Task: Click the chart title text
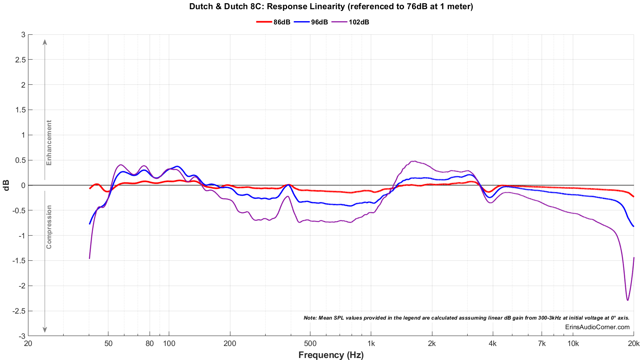tap(331, 6)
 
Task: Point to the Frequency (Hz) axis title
tap(331, 355)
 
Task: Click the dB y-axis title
tap(6, 185)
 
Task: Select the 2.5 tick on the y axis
tap(19, 60)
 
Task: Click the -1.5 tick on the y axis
tap(18, 261)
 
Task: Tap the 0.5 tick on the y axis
tap(19, 160)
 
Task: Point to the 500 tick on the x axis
tap(310, 343)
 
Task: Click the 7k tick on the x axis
tap(542, 343)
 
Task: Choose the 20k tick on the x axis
tap(634, 343)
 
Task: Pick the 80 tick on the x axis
tap(150, 343)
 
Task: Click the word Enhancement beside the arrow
tap(49, 143)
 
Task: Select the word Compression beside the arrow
tap(49, 227)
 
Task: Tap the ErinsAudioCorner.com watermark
tap(597, 327)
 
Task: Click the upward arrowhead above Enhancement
tap(45, 42)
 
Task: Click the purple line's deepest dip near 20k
tap(628, 300)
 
